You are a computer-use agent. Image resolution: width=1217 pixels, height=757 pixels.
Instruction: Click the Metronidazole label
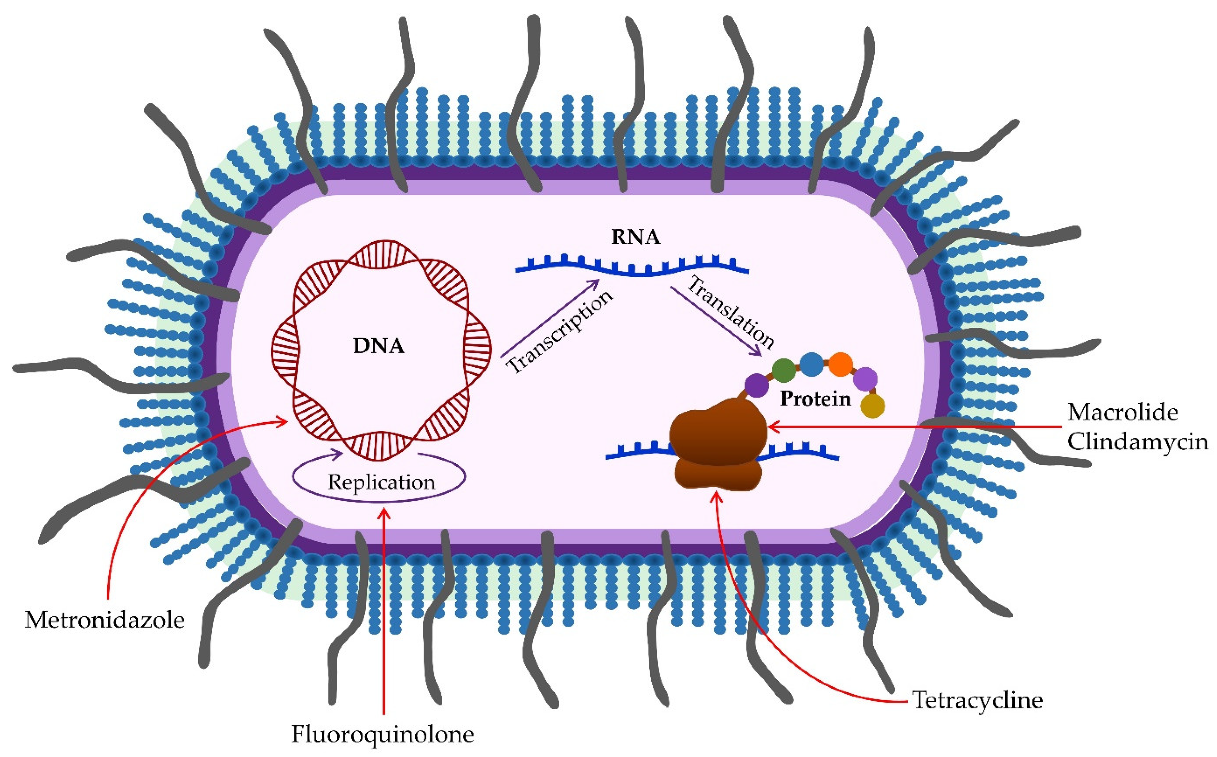[x=105, y=620]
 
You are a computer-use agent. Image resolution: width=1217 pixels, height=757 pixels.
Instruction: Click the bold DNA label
[x=378, y=346]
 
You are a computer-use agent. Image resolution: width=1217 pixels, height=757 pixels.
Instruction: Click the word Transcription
[x=560, y=332]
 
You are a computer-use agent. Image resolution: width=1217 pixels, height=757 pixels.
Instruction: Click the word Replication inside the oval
[x=382, y=482]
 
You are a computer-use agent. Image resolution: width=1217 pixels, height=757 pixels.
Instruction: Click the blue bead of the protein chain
[x=812, y=364]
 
